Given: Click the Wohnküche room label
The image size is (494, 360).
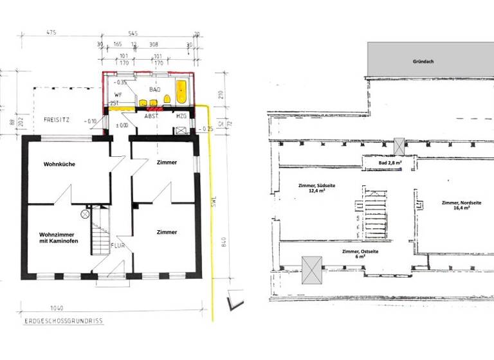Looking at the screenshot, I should point(59,165).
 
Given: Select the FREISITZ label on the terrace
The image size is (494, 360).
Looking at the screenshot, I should point(56,120).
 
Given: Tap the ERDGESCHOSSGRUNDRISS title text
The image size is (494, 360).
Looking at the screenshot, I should point(62,320).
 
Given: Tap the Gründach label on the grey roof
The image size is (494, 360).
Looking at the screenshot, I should point(423,62).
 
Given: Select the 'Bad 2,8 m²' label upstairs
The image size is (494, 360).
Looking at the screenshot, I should point(390,163).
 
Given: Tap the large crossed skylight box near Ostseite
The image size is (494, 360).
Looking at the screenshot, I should point(311,269).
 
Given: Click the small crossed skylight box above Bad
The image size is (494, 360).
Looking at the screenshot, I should point(399,146).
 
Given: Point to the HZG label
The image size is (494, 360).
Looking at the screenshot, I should point(181,116).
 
